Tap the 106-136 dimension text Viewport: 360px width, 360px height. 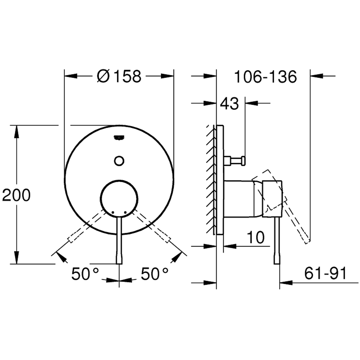tap(265, 77)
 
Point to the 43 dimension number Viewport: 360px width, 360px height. tap(229, 104)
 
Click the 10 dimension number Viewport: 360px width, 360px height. tap(256, 237)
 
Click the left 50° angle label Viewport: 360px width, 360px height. tap(85, 274)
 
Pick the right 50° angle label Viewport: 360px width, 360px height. tap(154, 274)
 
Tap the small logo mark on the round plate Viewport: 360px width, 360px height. tap(119, 138)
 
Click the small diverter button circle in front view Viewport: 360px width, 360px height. tap(119, 161)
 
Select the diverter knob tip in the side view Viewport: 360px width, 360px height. tap(243, 161)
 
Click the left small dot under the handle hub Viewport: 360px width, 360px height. tap(113, 212)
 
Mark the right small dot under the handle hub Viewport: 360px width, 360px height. tap(125, 212)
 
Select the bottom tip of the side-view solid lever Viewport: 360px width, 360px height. tap(277, 264)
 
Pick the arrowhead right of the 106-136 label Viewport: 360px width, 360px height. tap(317, 76)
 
